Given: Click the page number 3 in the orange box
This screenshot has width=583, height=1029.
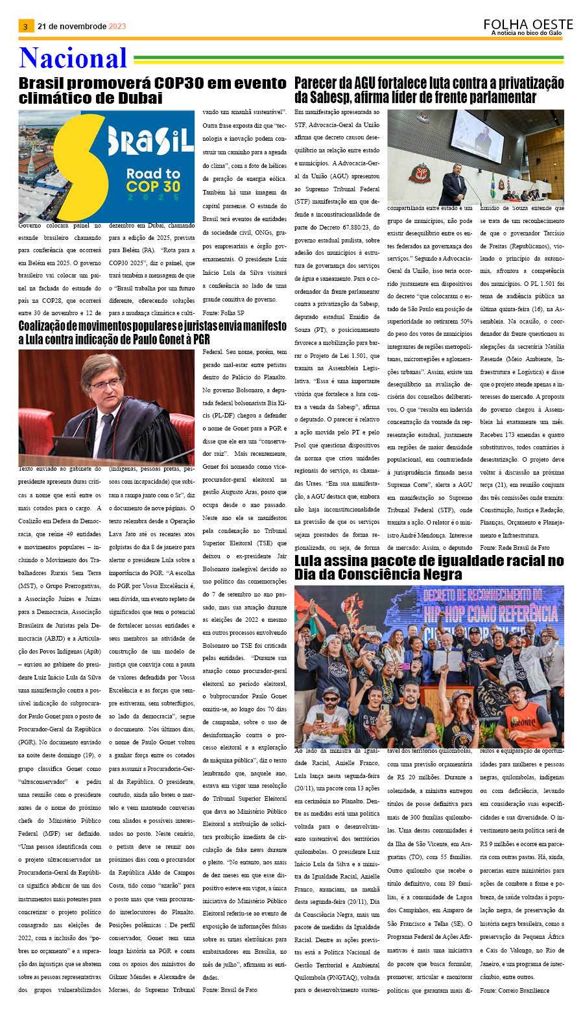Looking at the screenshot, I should (25, 27).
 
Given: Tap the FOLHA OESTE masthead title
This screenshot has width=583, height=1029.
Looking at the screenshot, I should (528, 25).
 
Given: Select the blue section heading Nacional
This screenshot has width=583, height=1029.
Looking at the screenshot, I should (73, 58).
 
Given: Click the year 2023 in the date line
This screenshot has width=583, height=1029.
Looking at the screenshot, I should (117, 27).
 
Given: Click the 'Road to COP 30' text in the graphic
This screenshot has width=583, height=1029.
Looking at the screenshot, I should (153, 181).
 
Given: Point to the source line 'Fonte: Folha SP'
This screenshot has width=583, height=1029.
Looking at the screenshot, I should (223, 313).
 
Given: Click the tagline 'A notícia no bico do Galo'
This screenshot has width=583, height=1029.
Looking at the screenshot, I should (526, 33).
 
